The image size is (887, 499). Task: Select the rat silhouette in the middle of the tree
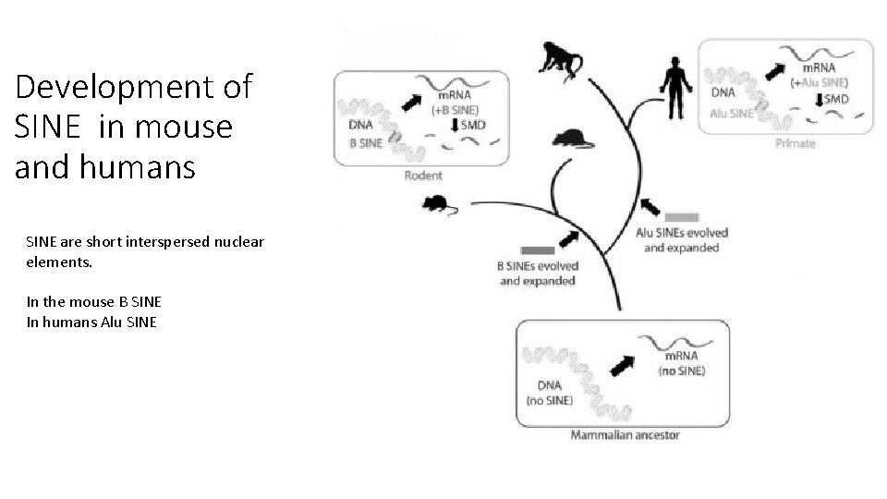coord(570,140)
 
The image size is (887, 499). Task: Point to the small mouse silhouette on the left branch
coord(436,202)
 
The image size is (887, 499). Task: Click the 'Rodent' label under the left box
coord(423,176)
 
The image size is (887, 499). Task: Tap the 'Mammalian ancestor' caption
coord(625,434)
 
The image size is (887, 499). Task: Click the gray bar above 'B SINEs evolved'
coord(537,249)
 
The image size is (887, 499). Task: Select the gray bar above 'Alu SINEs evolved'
coord(681,217)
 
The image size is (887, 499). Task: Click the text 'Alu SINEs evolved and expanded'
coord(682,240)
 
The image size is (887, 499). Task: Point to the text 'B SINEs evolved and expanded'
coord(537,274)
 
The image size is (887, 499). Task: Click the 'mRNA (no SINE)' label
coord(681,363)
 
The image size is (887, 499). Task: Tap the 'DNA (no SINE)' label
coord(549,393)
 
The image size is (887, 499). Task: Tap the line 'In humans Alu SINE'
coord(91,322)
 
